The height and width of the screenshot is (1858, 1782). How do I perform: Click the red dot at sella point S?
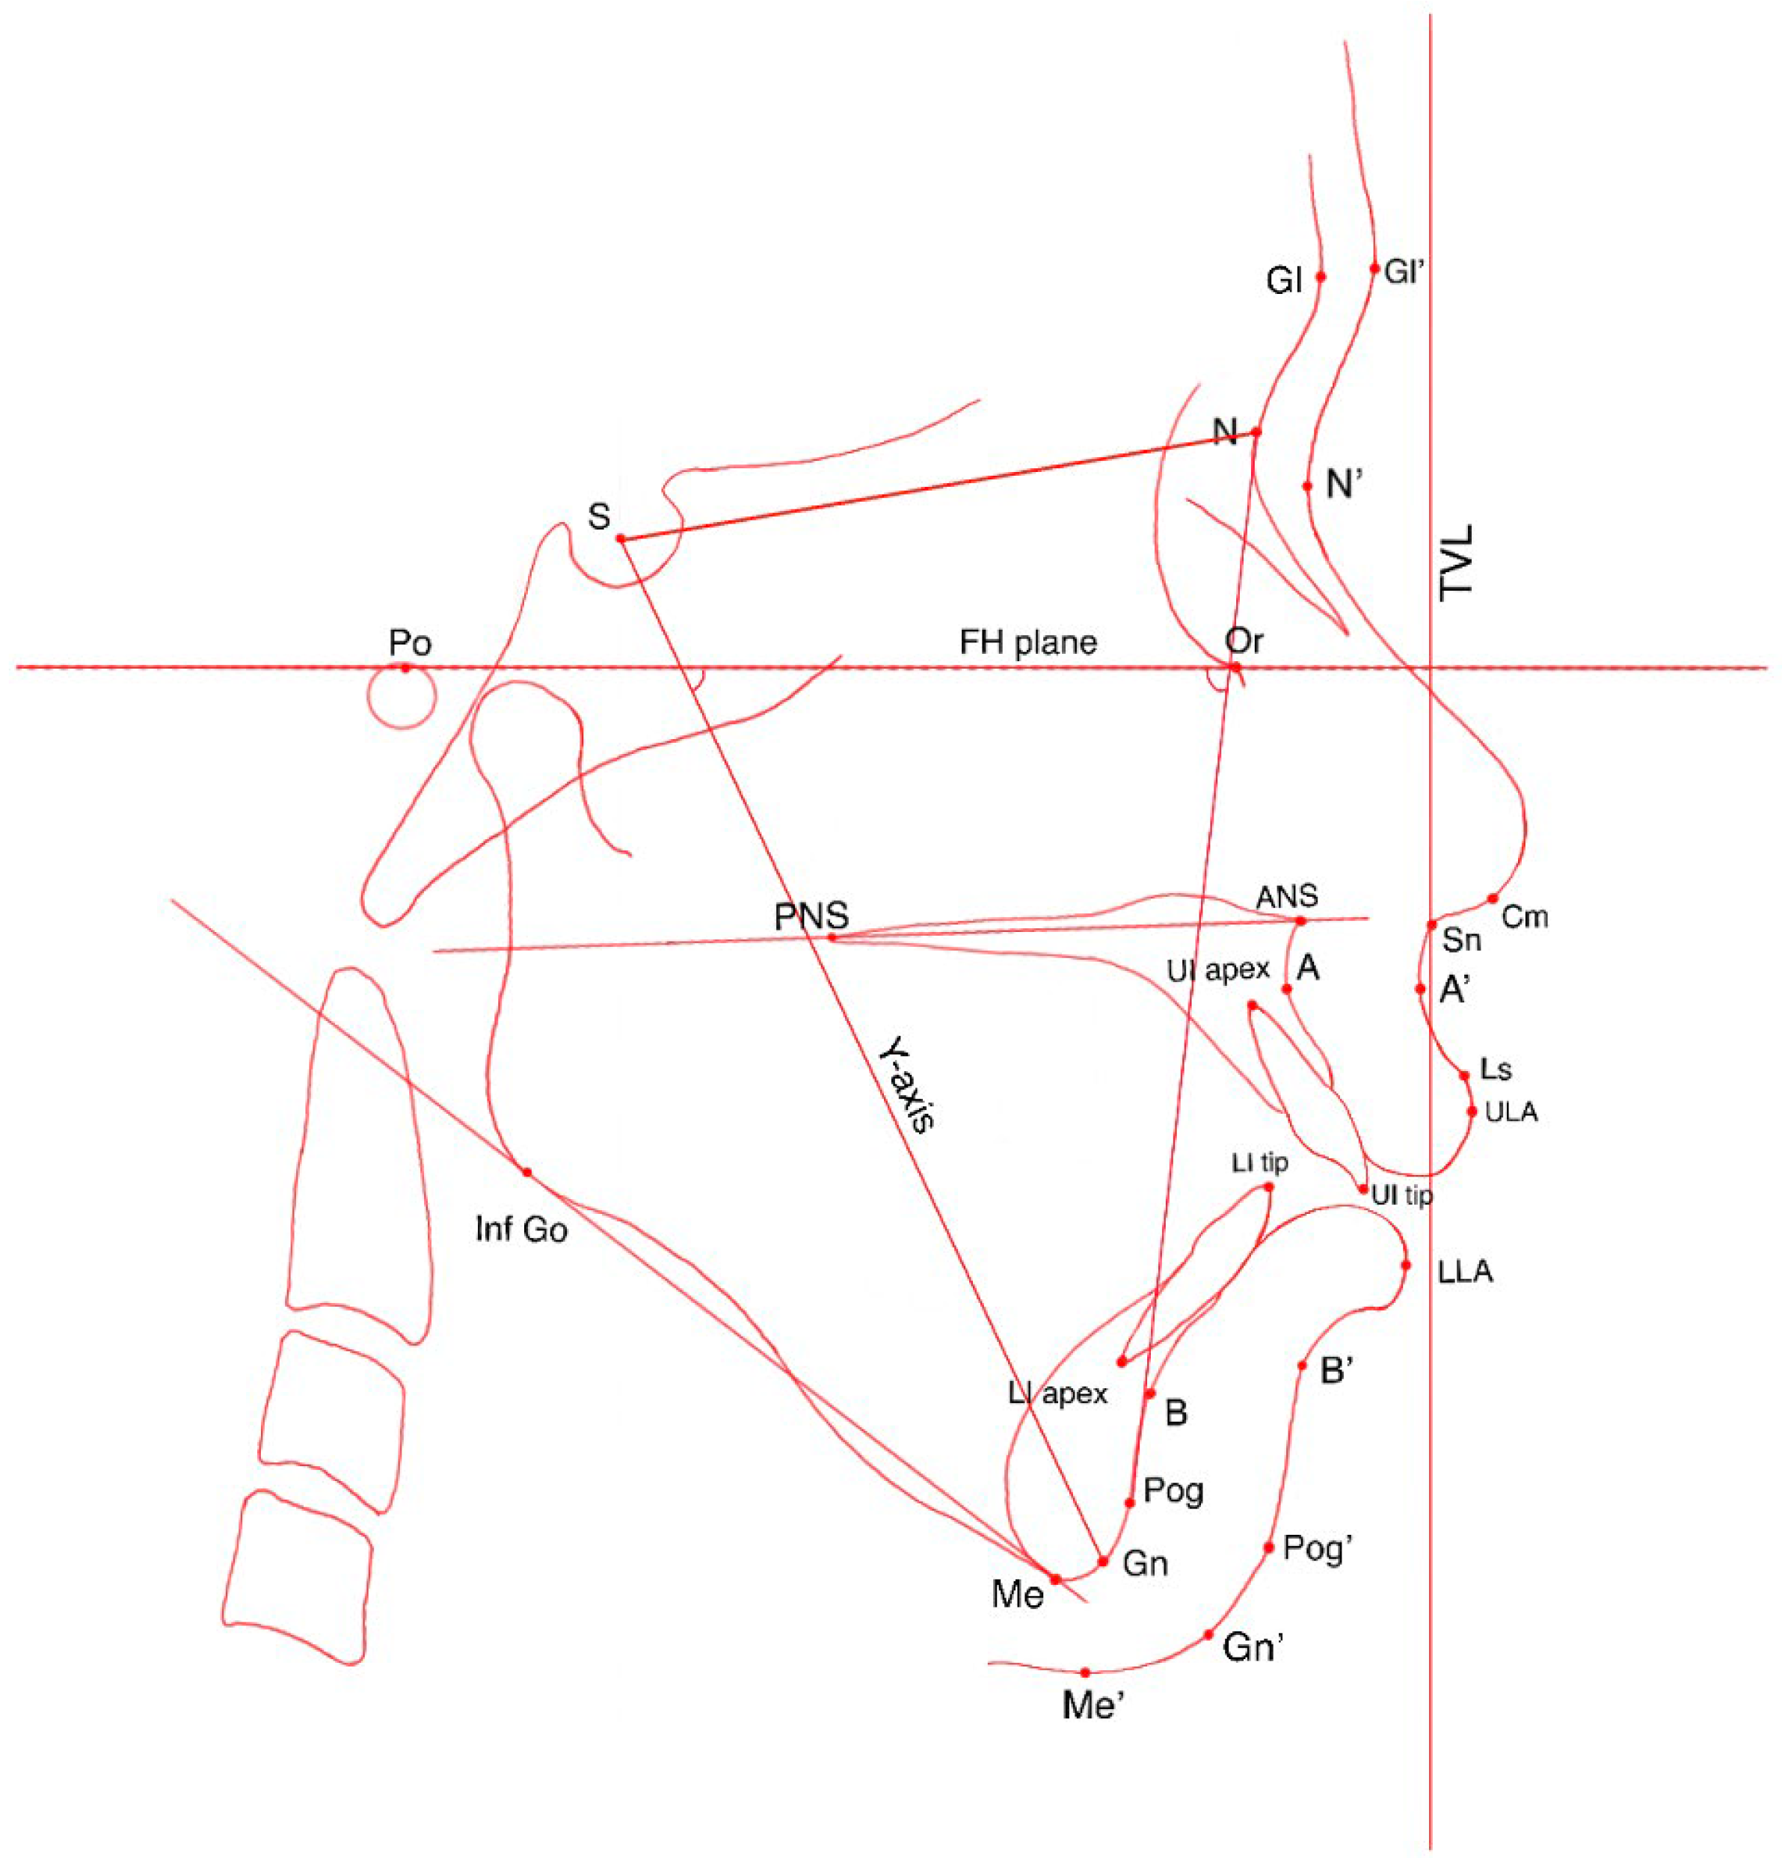(621, 539)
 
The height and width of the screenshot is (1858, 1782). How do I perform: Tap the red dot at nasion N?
(1257, 432)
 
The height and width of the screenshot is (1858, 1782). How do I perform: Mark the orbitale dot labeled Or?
(1235, 667)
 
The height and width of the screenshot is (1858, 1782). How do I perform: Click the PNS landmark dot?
(832, 937)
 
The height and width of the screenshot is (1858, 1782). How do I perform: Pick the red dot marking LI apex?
(1122, 1361)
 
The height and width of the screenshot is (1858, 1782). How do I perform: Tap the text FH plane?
(1028, 643)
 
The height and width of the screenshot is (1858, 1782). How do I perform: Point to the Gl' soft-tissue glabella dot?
(1374, 269)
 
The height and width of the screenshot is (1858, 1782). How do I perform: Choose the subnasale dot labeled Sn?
(1431, 925)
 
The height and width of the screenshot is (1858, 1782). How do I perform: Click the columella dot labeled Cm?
(1492, 898)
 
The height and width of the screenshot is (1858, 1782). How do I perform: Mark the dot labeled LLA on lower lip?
(1406, 1265)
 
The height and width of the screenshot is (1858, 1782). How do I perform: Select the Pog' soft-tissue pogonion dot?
(1268, 1547)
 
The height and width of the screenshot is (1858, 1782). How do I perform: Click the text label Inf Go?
(521, 1230)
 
